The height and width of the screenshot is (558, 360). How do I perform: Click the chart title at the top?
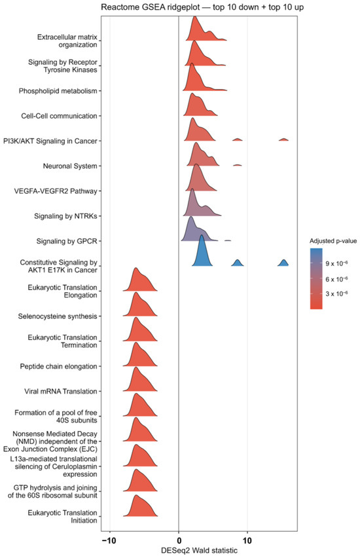click(x=202, y=7)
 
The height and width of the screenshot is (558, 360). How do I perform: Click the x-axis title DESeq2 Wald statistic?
click(x=199, y=550)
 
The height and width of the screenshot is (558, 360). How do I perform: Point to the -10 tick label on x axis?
click(x=109, y=540)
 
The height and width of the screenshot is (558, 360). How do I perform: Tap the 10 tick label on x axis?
click(x=247, y=540)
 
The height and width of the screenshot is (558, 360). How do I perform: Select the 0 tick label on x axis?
click(x=179, y=540)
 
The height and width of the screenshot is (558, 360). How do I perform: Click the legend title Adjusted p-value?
click(x=333, y=241)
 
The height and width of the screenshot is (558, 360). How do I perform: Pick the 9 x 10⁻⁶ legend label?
click(x=336, y=263)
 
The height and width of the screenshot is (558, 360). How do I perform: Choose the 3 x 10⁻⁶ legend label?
click(x=336, y=293)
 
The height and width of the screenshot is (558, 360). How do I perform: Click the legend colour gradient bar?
click(x=316, y=278)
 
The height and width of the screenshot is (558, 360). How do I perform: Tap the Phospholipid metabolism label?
click(x=58, y=91)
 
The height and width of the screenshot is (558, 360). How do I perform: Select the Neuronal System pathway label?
click(x=70, y=166)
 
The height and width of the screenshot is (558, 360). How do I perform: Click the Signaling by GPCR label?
click(x=67, y=241)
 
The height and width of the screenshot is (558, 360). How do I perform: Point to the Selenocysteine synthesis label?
click(x=58, y=316)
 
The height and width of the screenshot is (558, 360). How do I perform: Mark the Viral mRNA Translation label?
click(x=60, y=392)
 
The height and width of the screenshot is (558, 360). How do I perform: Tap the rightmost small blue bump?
click(x=283, y=263)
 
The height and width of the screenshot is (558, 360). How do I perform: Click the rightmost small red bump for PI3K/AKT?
click(x=283, y=139)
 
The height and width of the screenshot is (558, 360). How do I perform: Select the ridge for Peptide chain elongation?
click(x=139, y=356)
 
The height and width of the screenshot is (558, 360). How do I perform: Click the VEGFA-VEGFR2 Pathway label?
click(x=56, y=191)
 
